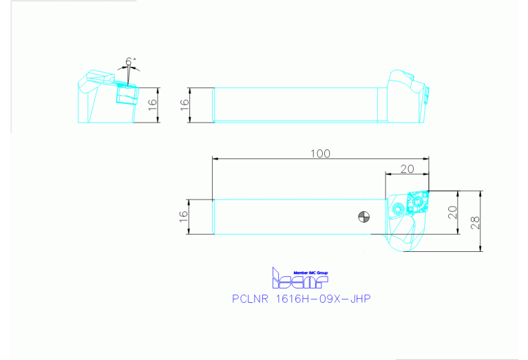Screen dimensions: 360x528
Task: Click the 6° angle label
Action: (x=131, y=62)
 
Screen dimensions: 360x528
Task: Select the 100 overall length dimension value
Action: (x=320, y=153)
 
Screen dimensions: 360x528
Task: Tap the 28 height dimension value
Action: (x=476, y=221)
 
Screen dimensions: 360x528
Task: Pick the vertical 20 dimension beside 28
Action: (x=452, y=212)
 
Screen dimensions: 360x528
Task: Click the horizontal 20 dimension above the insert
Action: (x=407, y=169)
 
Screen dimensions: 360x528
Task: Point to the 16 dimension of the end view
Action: (x=153, y=105)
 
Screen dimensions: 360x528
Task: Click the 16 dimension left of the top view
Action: (x=183, y=217)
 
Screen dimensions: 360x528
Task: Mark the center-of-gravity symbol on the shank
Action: (x=363, y=217)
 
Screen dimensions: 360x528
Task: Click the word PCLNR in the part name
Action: (x=250, y=299)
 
